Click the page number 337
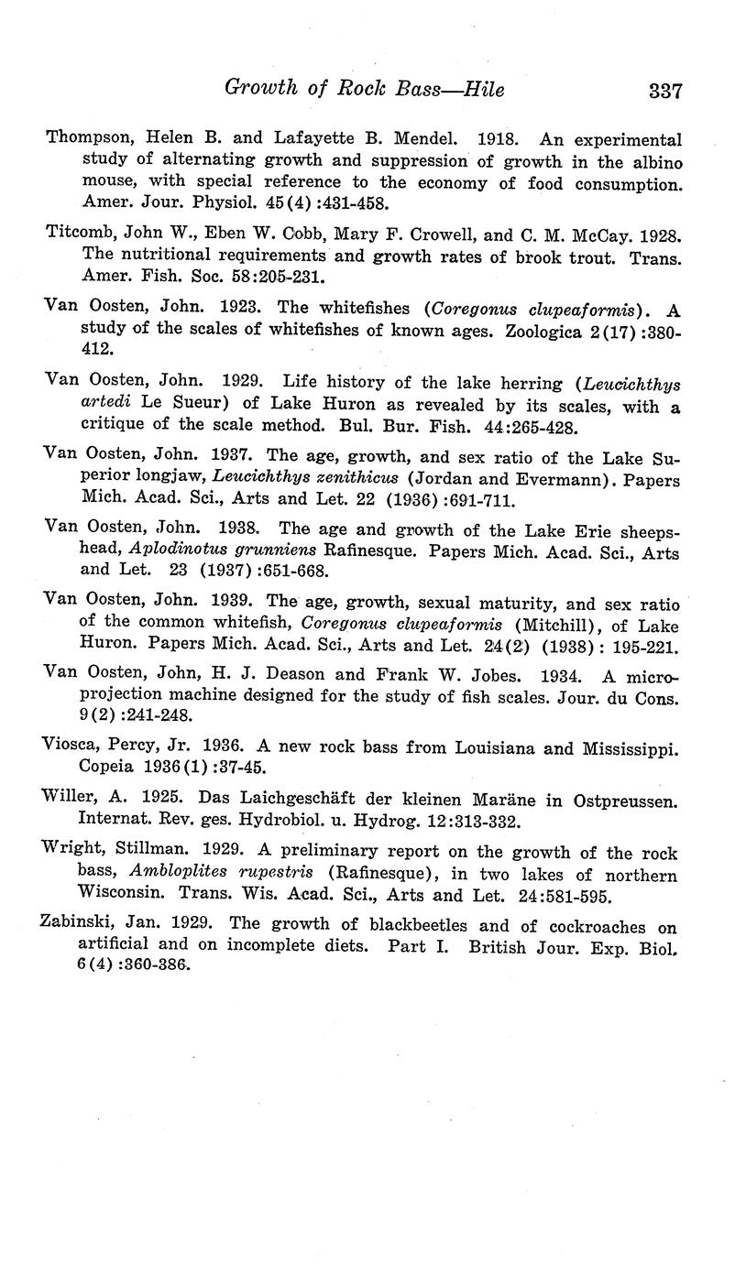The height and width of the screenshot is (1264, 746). (664, 90)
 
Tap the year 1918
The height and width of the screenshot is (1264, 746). (499, 140)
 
